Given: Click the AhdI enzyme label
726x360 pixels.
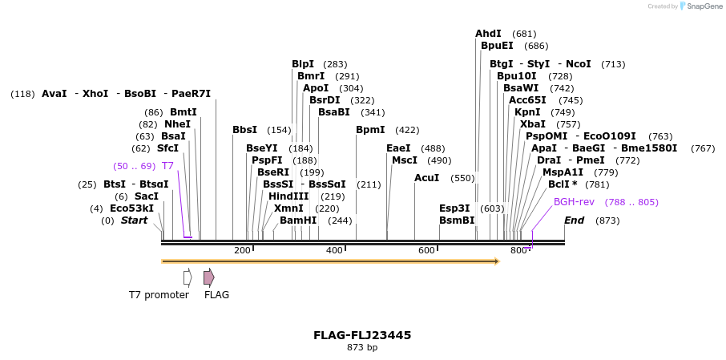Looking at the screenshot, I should (488, 34).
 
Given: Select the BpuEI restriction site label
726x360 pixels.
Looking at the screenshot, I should (497, 46).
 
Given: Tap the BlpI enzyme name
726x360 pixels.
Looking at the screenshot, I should (303, 64).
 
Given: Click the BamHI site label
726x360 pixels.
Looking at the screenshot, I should (292, 220).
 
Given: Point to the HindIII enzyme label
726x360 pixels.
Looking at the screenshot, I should (288, 196).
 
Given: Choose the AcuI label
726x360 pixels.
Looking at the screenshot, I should (426, 178).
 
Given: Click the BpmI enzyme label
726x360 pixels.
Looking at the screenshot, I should (370, 130).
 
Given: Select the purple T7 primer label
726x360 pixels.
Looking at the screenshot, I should (167, 166).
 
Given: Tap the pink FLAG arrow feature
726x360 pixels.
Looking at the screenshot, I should (208, 277).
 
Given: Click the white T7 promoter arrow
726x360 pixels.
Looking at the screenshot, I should (188, 277).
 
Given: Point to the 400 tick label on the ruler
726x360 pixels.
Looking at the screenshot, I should (335, 251).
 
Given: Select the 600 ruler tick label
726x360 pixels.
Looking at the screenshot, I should (427, 251).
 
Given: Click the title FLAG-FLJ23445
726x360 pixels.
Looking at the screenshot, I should (362, 335).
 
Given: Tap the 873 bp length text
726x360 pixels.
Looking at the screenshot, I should (362, 348).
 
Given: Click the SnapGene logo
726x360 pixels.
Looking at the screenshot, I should (699, 6).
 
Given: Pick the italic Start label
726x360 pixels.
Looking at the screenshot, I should (134, 220).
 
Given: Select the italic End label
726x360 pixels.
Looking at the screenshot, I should (574, 220).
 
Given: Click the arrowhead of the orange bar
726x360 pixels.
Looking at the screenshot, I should (497, 261).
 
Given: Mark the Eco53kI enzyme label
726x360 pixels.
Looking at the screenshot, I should (131, 208).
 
